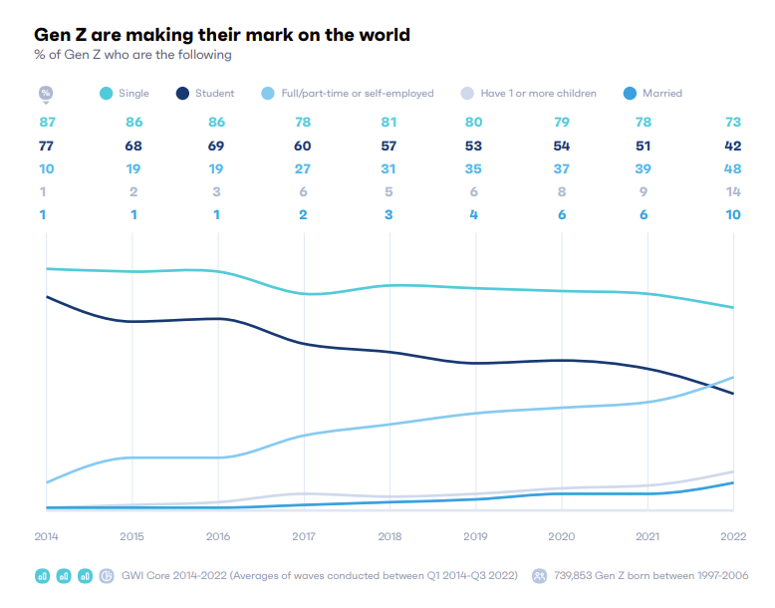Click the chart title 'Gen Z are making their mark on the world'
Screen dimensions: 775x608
222,35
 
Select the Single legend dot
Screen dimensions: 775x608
107,93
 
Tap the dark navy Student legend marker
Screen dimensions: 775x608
182,93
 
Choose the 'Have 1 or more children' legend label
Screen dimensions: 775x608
538,93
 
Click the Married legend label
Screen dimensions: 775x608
661,93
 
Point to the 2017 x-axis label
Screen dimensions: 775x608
304,536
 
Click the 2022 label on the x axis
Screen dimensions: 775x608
733,536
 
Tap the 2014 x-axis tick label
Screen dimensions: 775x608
46,536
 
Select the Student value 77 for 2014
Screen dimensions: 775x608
46,146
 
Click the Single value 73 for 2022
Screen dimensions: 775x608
733,123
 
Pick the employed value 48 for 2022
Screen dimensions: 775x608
732,168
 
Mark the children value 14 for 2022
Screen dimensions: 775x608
733,192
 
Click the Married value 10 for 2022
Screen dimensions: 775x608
733,214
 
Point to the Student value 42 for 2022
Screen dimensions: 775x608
732,146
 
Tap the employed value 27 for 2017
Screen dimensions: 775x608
303,168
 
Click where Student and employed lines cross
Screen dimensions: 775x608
712,386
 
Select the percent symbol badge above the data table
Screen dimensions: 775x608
46,93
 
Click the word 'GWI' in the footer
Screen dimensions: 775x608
130,576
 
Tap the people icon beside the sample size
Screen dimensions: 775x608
539,576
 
